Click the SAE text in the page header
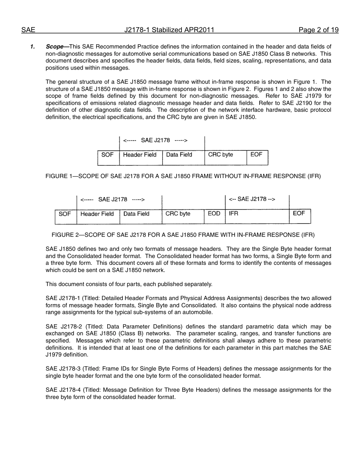click(x=28, y=30)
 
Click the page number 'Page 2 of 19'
click(x=318, y=30)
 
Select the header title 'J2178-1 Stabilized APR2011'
click(x=169, y=30)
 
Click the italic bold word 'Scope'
click(x=55, y=47)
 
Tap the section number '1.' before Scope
click(x=33, y=47)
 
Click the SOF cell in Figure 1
click(x=108, y=155)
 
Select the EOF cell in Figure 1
click(x=257, y=155)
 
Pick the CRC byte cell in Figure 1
click(x=221, y=155)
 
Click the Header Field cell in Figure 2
click(x=97, y=214)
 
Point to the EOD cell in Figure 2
click(x=214, y=214)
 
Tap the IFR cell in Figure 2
click(x=234, y=214)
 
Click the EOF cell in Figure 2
click(x=299, y=214)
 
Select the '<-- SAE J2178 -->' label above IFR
click(x=252, y=199)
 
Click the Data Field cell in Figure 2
click(x=136, y=214)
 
